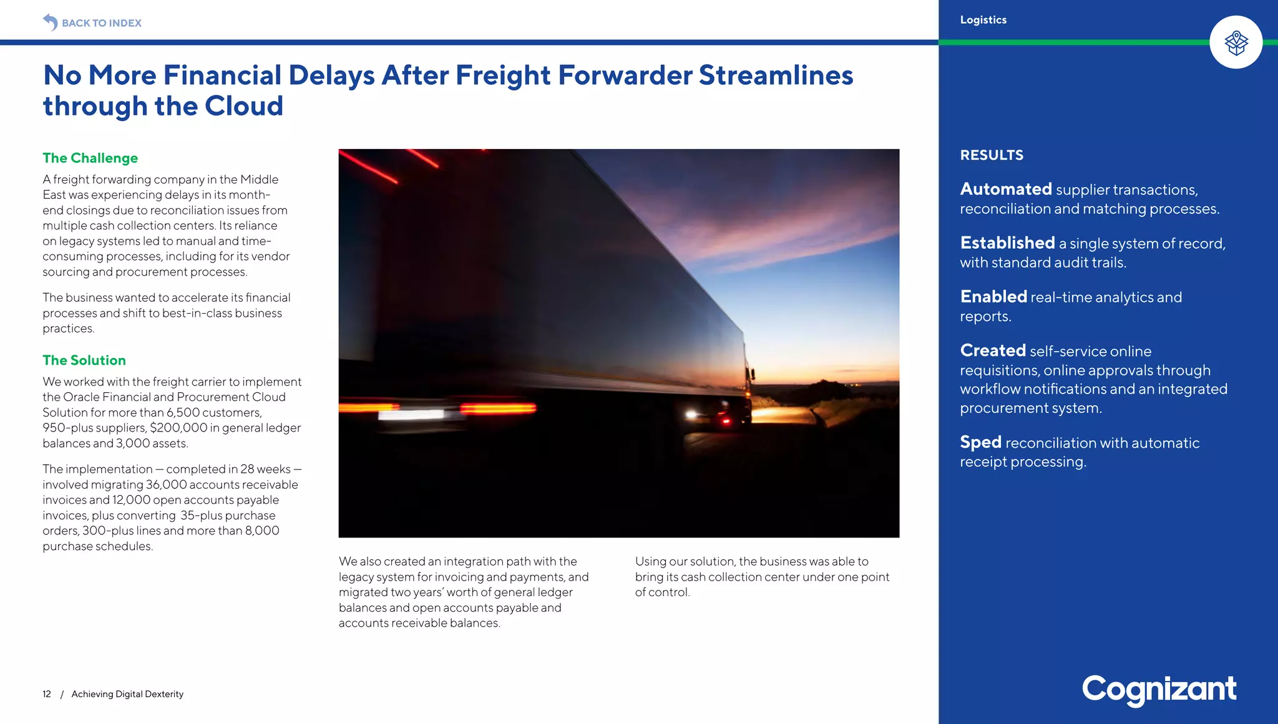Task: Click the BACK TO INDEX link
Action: click(x=101, y=23)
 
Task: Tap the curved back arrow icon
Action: click(x=50, y=22)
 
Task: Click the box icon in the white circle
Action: click(x=1236, y=42)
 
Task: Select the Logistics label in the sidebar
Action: click(x=983, y=20)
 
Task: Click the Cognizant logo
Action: click(x=1159, y=690)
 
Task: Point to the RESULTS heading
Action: click(x=992, y=155)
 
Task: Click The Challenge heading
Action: click(x=90, y=158)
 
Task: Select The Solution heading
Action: click(x=84, y=360)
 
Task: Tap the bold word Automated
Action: click(x=1006, y=189)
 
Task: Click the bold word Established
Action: click(x=1007, y=243)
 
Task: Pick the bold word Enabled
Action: click(x=993, y=297)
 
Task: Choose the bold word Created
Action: click(x=993, y=350)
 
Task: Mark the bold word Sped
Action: click(x=980, y=442)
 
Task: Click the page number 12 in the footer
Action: click(x=47, y=694)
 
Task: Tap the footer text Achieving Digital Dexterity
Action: click(x=127, y=694)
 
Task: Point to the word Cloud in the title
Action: click(x=244, y=106)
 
